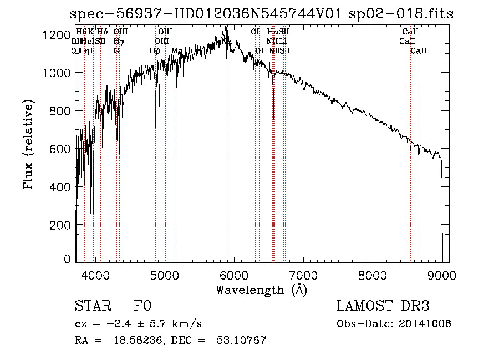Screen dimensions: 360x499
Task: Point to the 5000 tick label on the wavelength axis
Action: pos(164,275)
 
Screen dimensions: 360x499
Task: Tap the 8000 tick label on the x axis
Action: pos(373,275)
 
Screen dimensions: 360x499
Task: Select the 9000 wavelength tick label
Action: pos(442,275)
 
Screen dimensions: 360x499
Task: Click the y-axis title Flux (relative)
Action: pos(29,145)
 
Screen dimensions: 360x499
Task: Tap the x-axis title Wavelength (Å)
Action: pos(262,290)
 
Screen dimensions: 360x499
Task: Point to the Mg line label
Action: pos(177,50)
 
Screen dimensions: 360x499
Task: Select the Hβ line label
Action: pos(155,50)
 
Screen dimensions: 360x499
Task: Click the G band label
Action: pos(116,50)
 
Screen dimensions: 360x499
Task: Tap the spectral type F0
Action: pos(142,307)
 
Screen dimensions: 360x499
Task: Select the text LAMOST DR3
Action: pos(383,307)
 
